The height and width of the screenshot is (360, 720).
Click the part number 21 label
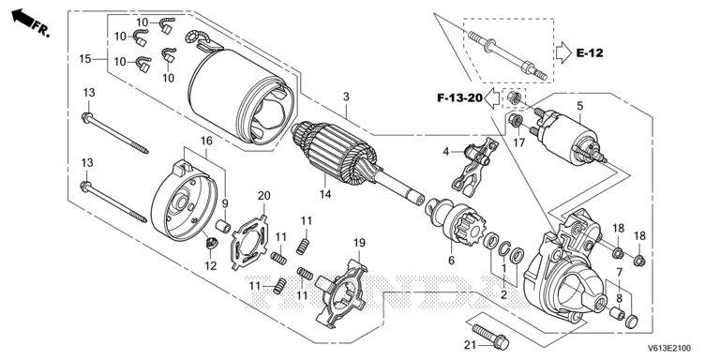click(x=469, y=345)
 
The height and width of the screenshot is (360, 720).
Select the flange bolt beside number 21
click(x=490, y=337)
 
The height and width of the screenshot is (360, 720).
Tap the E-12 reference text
click(x=590, y=52)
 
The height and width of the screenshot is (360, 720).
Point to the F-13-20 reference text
click(x=459, y=97)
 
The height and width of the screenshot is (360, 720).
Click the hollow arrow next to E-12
click(x=563, y=52)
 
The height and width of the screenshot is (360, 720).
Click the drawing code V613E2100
click(x=669, y=349)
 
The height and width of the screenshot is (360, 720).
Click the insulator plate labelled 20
click(x=249, y=241)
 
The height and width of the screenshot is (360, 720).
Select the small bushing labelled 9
click(x=223, y=226)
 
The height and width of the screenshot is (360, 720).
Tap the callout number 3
click(x=346, y=97)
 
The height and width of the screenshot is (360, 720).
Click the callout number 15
click(x=84, y=59)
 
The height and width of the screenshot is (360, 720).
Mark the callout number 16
click(x=206, y=141)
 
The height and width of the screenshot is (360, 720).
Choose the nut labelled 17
click(x=517, y=121)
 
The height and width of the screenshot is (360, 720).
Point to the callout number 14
click(x=325, y=194)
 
